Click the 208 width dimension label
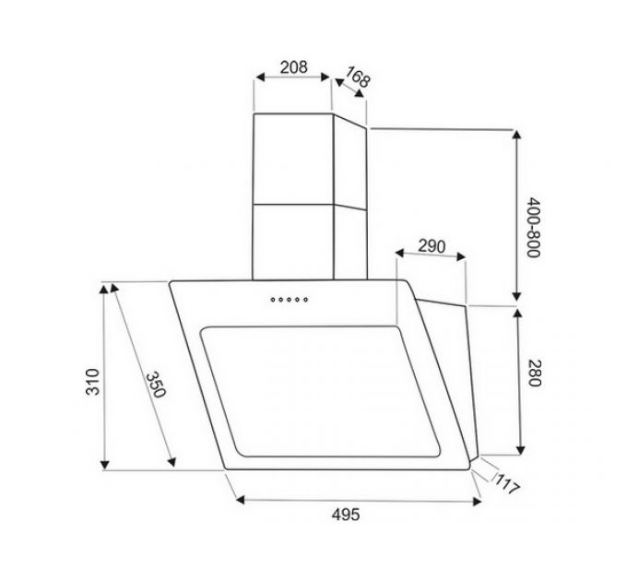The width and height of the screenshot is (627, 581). point(292,66)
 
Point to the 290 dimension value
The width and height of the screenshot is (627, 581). point(432,246)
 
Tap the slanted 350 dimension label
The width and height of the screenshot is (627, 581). point(154,385)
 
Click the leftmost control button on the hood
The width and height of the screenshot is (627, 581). point(272,298)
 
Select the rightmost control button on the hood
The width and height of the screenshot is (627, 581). point(305,298)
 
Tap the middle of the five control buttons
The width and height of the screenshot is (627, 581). point(289,298)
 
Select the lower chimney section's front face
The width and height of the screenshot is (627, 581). point(292,238)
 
